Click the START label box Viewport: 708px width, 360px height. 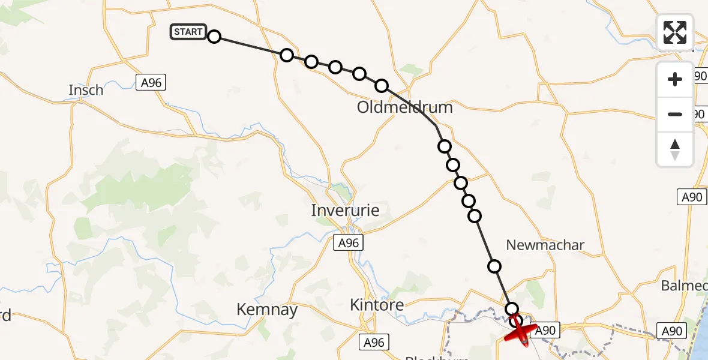coord(188,32)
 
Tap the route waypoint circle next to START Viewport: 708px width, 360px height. coord(214,37)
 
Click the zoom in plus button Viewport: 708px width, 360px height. coord(675,79)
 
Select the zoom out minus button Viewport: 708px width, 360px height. coord(675,114)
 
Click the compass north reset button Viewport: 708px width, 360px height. coord(675,149)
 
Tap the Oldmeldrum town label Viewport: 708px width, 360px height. coord(404,107)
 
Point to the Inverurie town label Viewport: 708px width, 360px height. coord(345,211)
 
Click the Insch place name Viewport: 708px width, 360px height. coord(86,90)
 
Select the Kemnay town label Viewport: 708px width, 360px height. coord(267,310)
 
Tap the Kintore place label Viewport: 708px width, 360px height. coord(377,305)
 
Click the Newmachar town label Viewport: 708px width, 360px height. coord(545,245)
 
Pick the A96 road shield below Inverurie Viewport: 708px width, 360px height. coord(348,242)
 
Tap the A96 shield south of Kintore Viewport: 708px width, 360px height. coord(374,343)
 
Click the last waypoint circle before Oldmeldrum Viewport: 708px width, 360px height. coord(381,86)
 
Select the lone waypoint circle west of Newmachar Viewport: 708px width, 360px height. coord(494,266)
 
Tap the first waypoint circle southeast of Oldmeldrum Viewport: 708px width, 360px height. coord(444,146)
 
